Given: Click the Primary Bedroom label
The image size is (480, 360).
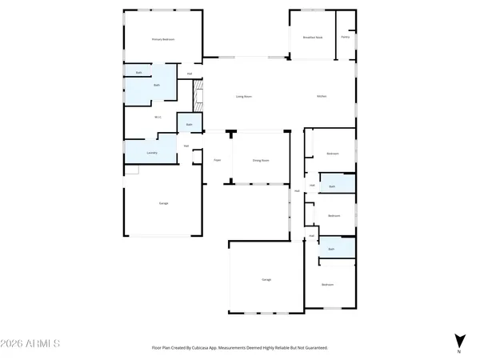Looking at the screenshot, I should point(163,39).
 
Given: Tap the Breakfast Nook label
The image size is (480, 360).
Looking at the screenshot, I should point(313,37).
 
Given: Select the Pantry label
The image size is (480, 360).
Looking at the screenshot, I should point(346,37).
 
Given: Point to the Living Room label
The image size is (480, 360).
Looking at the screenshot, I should point(243,97).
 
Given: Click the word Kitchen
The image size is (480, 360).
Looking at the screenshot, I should point(322,97).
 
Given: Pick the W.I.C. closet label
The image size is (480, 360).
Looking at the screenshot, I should point(158,117).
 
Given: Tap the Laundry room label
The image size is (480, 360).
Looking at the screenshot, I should point(152,152).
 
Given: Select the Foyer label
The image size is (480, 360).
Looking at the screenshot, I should point(217,161).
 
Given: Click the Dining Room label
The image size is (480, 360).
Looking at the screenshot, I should point(261,161).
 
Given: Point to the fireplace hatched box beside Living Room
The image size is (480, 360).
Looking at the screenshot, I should point(199,96).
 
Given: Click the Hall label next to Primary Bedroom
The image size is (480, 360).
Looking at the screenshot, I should point(190,74).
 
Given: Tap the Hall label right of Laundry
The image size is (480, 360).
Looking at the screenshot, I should point(186,146).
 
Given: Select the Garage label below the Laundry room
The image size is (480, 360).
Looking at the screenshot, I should point(163,203).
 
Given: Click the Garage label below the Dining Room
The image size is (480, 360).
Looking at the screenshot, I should point(266,279).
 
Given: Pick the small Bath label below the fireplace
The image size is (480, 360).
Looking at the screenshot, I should point(190,125).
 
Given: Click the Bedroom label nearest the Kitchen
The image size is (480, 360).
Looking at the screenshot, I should point(333,154).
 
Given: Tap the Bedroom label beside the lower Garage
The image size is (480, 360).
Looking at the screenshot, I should point(327,285).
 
